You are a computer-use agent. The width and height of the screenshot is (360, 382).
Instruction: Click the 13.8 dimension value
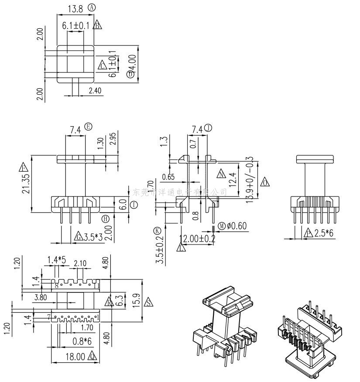click(x=75, y=8)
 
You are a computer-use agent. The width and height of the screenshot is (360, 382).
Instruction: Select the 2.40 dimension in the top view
click(x=95, y=91)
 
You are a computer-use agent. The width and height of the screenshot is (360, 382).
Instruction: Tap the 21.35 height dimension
click(x=27, y=184)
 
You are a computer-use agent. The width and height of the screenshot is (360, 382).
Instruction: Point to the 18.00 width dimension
click(x=75, y=357)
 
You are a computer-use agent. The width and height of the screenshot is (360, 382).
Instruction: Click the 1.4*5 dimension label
click(x=57, y=261)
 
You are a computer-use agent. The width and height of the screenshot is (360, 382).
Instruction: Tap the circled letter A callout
click(x=91, y=7)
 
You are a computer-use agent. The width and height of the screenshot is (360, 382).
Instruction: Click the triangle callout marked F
click(x=23, y=167)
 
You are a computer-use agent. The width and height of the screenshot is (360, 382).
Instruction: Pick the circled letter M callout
click(x=223, y=226)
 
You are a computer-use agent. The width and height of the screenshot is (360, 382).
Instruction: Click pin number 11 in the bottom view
click(x=96, y=286)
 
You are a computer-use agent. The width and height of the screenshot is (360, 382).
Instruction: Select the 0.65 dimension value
click(x=168, y=177)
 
